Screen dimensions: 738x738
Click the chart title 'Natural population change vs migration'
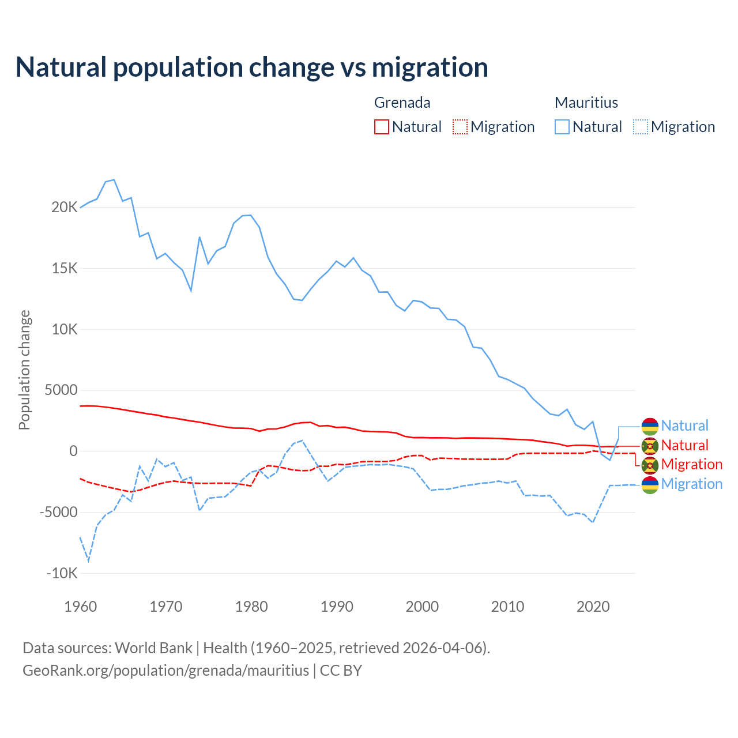(x=252, y=67)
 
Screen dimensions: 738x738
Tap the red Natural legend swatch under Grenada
(x=381, y=127)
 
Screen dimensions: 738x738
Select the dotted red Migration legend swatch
(x=460, y=127)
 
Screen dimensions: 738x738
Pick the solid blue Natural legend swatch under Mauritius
(x=562, y=127)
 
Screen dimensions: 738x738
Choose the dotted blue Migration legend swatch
(x=640, y=127)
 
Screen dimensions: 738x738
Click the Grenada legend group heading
(x=402, y=103)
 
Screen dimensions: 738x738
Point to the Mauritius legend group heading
(x=586, y=103)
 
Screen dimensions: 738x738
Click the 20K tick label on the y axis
(x=64, y=208)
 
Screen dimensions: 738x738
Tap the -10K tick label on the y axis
(x=62, y=574)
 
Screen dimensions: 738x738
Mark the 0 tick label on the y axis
(x=73, y=451)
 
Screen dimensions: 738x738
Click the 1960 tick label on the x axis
(x=81, y=607)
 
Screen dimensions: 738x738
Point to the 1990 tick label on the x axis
(x=337, y=607)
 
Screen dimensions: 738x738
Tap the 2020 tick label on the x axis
(x=593, y=607)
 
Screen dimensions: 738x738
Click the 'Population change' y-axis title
(x=24, y=370)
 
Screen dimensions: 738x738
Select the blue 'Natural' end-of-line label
(x=684, y=426)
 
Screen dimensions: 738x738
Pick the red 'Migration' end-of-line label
(x=691, y=464)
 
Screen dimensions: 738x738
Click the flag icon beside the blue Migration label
(x=650, y=484)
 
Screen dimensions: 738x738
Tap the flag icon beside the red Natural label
(x=650, y=446)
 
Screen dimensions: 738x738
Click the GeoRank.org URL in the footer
(x=166, y=671)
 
